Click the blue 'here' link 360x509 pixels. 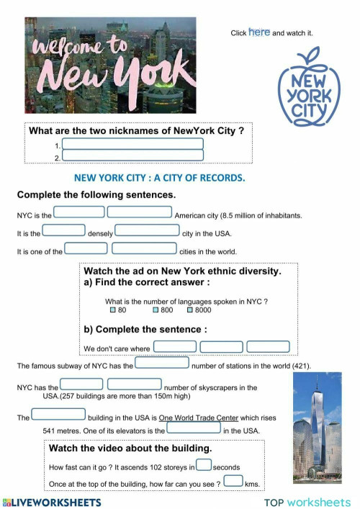tap(259, 32)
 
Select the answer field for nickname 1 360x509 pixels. tap(132, 145)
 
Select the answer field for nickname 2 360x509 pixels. tap(132, 156)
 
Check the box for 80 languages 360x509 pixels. tap(113, 310)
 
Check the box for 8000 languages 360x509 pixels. tap(190, 310)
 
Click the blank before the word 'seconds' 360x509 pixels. tap(204, 465)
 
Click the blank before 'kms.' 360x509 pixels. tap(233, 481)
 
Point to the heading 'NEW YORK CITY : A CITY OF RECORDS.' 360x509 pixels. tap(160, 177)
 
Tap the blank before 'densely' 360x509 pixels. tap(64, 230)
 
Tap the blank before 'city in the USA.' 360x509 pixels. tap(147, 230)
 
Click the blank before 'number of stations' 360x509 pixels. tap(162, 363)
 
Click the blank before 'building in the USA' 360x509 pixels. tap(59, 415)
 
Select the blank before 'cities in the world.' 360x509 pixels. tap(145, 248)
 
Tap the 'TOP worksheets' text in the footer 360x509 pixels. tap(307, 502)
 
